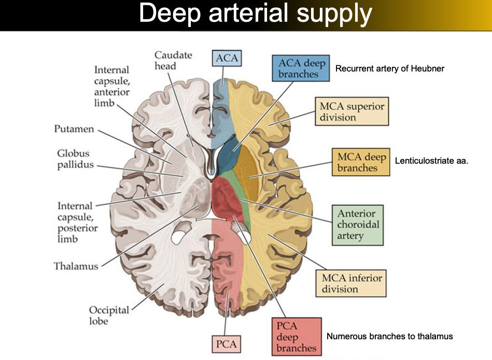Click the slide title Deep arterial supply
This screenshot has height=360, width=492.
255,15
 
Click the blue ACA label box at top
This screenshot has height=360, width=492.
227,58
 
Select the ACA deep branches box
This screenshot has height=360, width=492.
301,68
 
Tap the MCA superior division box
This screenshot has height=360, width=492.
352,111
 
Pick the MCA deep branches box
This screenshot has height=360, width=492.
361,162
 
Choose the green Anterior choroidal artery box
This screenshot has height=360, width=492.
357,225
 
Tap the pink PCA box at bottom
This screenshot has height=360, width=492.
227,343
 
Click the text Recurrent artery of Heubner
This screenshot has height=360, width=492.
390,68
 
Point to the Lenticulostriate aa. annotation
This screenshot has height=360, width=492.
431,161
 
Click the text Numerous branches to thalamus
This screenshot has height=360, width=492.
389,336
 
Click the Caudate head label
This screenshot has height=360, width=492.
173,60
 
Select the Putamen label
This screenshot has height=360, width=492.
74,129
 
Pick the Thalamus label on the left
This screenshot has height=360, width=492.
76,266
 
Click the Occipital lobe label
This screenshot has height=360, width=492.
109,315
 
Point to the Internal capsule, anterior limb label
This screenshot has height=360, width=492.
111,87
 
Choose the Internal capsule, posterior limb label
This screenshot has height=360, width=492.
77,222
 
